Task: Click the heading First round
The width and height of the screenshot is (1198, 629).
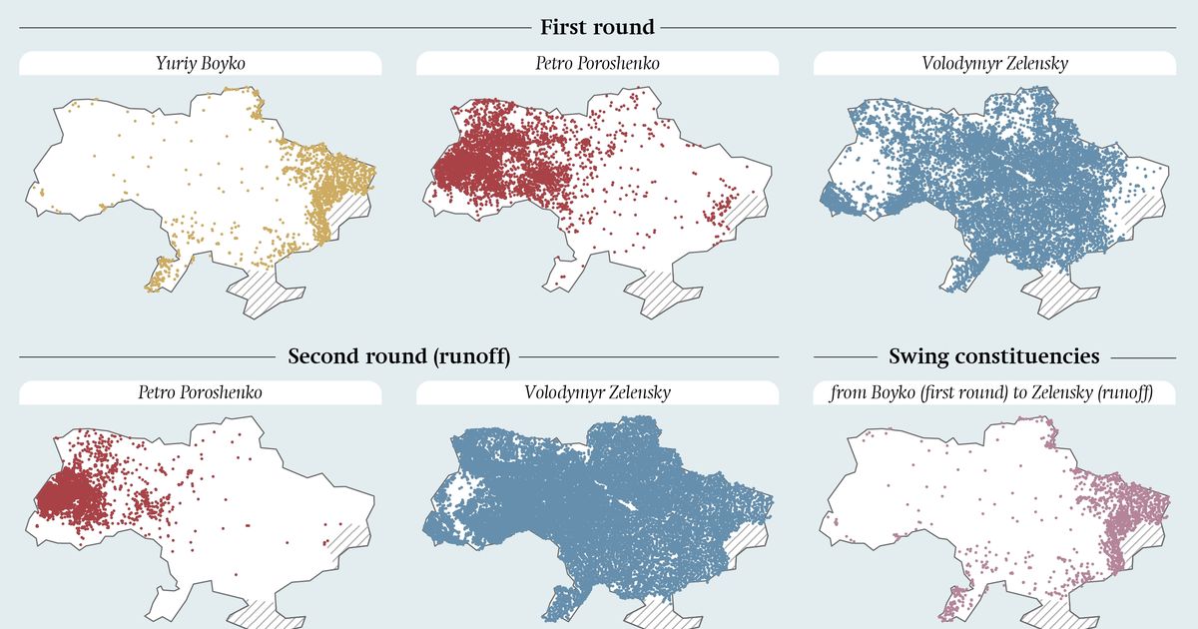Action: (x=597, y=27)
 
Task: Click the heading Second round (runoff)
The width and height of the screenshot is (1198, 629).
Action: (x=398, y=356)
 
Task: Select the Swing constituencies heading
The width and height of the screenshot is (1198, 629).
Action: (x=993, y=356)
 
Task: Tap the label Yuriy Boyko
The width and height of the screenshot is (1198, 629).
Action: (x=200, y=64)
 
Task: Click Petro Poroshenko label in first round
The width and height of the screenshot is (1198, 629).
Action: (x=597, y=64)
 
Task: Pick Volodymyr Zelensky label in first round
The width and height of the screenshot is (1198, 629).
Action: (x=994, y=64)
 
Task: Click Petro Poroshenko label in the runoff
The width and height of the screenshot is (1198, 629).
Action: (x=200, y=392)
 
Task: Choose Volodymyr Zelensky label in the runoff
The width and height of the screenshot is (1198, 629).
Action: (x=597, y=392)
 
